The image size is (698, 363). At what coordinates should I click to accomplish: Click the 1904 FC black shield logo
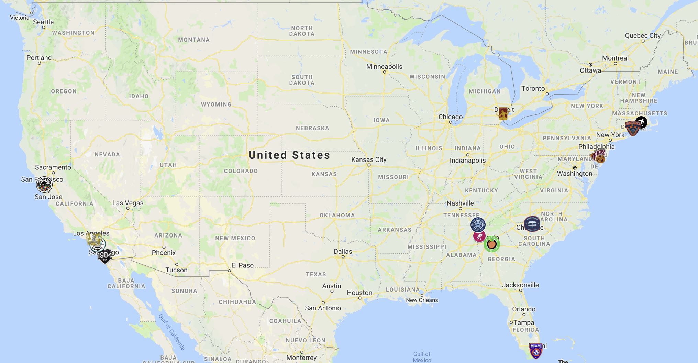point(104,256)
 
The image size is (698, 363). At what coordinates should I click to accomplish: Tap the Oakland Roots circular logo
point(44,185)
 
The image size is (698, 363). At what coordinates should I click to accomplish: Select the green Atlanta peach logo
point(491,244)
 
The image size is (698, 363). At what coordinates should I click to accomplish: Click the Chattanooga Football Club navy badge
point(478,225)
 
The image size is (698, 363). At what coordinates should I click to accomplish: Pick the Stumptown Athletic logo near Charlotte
point(532,224)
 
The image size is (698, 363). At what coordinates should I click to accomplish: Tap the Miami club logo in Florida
point(536,350)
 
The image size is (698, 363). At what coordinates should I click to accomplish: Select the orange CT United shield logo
point(632,129)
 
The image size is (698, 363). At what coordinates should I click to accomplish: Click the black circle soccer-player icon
point(641,122)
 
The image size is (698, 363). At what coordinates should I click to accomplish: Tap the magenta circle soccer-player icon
point(479,236)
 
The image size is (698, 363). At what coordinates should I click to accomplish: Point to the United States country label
point(289,155)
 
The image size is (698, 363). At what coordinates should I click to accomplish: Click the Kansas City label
point(369,159)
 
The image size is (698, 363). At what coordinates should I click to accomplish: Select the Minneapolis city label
point(384,66)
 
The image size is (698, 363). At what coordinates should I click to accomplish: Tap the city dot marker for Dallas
point(343,257)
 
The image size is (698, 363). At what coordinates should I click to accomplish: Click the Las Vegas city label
point(128,203)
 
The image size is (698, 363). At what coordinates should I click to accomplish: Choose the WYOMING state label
point(216,104)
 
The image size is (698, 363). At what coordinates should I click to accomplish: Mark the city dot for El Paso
point(230,271)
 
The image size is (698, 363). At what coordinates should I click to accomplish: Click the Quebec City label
point(643,35)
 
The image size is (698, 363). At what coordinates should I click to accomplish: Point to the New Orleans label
point(422,300)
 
